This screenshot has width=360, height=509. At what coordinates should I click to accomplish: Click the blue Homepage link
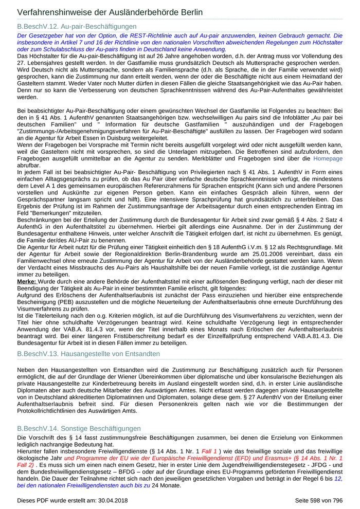click(328, 159)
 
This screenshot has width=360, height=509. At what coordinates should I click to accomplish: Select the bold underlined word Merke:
click(26, 282)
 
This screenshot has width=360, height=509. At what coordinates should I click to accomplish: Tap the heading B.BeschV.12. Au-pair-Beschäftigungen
click(77, 26)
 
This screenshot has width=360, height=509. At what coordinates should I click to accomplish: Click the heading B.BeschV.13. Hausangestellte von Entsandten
click(88, 354)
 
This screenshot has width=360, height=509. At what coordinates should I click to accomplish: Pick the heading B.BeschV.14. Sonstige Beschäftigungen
click(79, 428)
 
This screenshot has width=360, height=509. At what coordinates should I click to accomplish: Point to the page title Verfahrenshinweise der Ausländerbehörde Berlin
click(110, 12)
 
